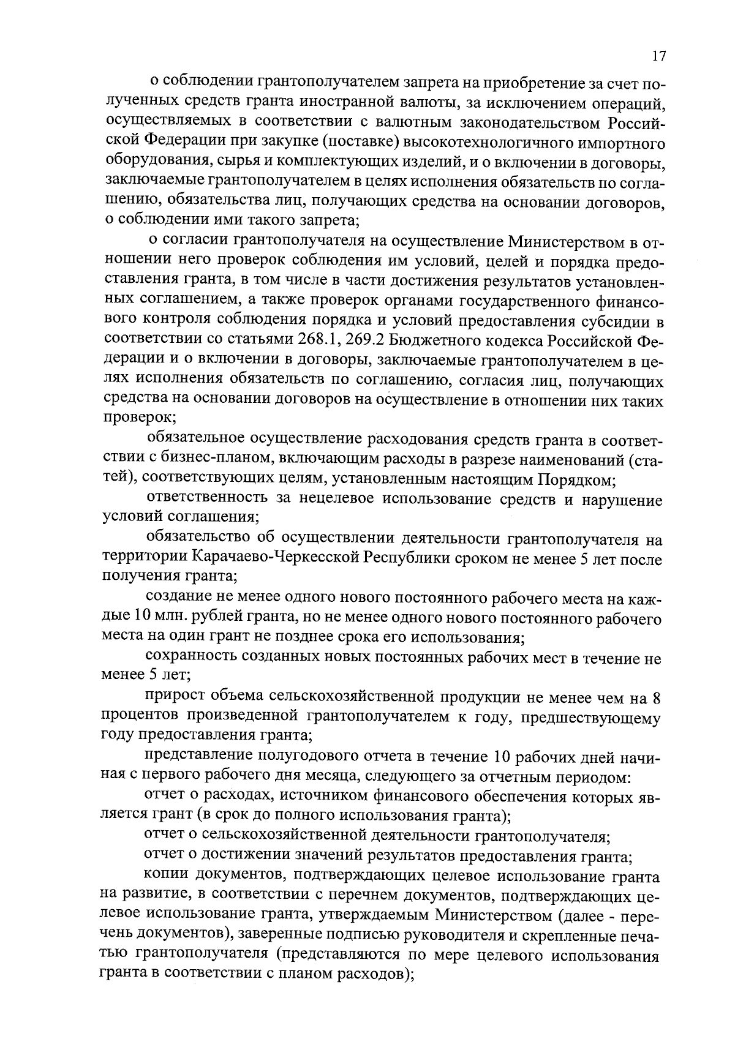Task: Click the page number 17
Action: pos(658,56)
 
